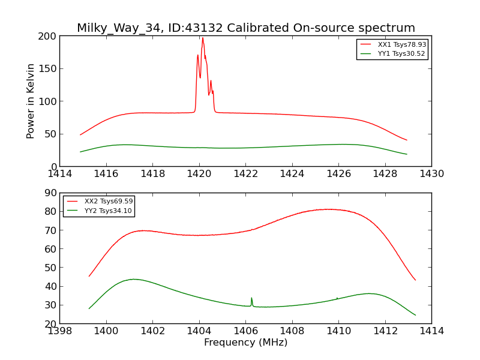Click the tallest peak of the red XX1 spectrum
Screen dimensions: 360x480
tap(202, 38)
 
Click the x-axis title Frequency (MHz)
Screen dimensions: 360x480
tap(245, 343)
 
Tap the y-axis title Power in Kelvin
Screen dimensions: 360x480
tap(31, 101)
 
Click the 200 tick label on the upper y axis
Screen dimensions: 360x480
tap(48, 36)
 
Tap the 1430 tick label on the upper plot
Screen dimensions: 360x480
tap(431, 174)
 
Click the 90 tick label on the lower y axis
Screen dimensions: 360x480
tap(50, 193)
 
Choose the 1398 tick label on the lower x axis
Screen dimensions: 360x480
tap(60, 331)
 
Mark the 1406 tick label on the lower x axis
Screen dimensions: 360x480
tap(245, 331)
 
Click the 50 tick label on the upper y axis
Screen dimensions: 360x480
tap(50, 134)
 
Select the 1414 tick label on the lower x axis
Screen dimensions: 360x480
tap(431, 331)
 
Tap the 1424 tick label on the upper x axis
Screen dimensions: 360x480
tap(292, 174)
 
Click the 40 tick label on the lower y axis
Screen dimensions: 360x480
tap(50, 286)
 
